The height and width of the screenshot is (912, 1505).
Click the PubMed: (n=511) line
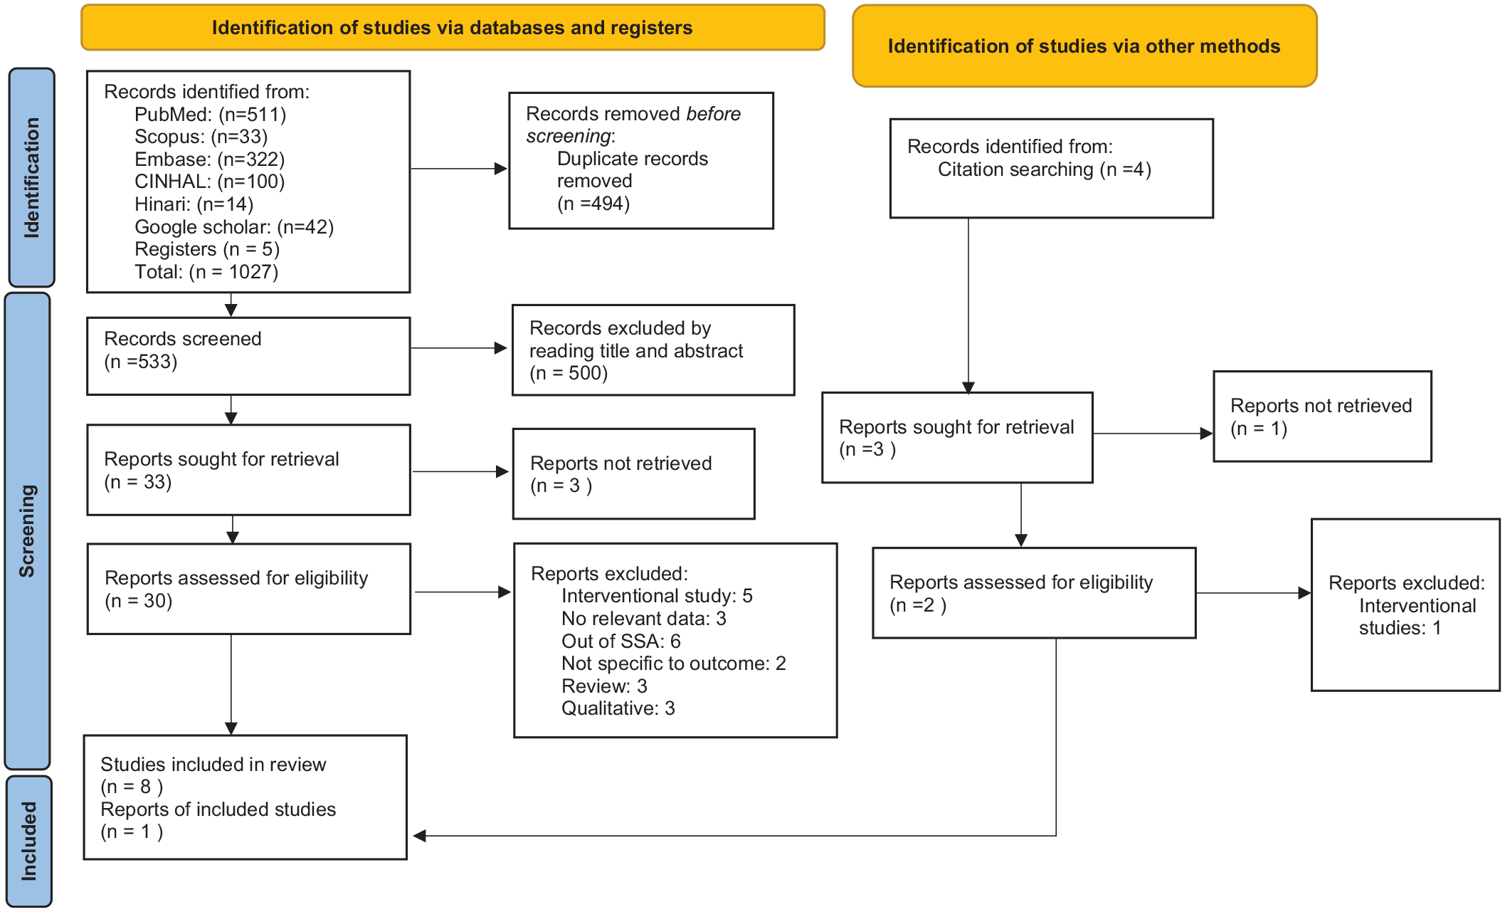tap(211, 115)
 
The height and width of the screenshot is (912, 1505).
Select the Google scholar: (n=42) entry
tap(234, 227)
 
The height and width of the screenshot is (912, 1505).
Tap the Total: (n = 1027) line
tap(206, 272)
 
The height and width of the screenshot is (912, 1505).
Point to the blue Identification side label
tap(31, 177)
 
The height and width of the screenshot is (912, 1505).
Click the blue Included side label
tap(29, 841)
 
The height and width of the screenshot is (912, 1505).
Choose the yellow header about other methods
tap(1084, 46)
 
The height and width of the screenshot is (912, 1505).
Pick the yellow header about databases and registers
tap(453, 28)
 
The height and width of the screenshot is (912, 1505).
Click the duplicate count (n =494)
tap(593, 204)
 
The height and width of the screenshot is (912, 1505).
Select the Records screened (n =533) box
tap(248, 356)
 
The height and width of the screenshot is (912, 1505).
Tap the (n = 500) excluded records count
tap(569, 373)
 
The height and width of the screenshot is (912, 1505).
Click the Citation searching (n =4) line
tap(1044, 169)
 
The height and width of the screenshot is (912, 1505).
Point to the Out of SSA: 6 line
tap(621, 641)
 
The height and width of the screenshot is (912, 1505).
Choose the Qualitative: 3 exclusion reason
tap(618, 708)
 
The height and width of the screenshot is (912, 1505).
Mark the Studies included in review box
tap(245, 797)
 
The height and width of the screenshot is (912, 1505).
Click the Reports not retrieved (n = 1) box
tap(1322, 416)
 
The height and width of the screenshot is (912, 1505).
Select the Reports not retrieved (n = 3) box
tap(633, 473)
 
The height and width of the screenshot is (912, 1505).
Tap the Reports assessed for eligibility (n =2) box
tap(1034, 593)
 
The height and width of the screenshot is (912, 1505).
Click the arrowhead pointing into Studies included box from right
tap(420, 836)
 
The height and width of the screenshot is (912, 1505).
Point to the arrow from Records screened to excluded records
tap(459, 348)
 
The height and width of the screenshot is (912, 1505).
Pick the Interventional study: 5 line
tap(657, 596)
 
